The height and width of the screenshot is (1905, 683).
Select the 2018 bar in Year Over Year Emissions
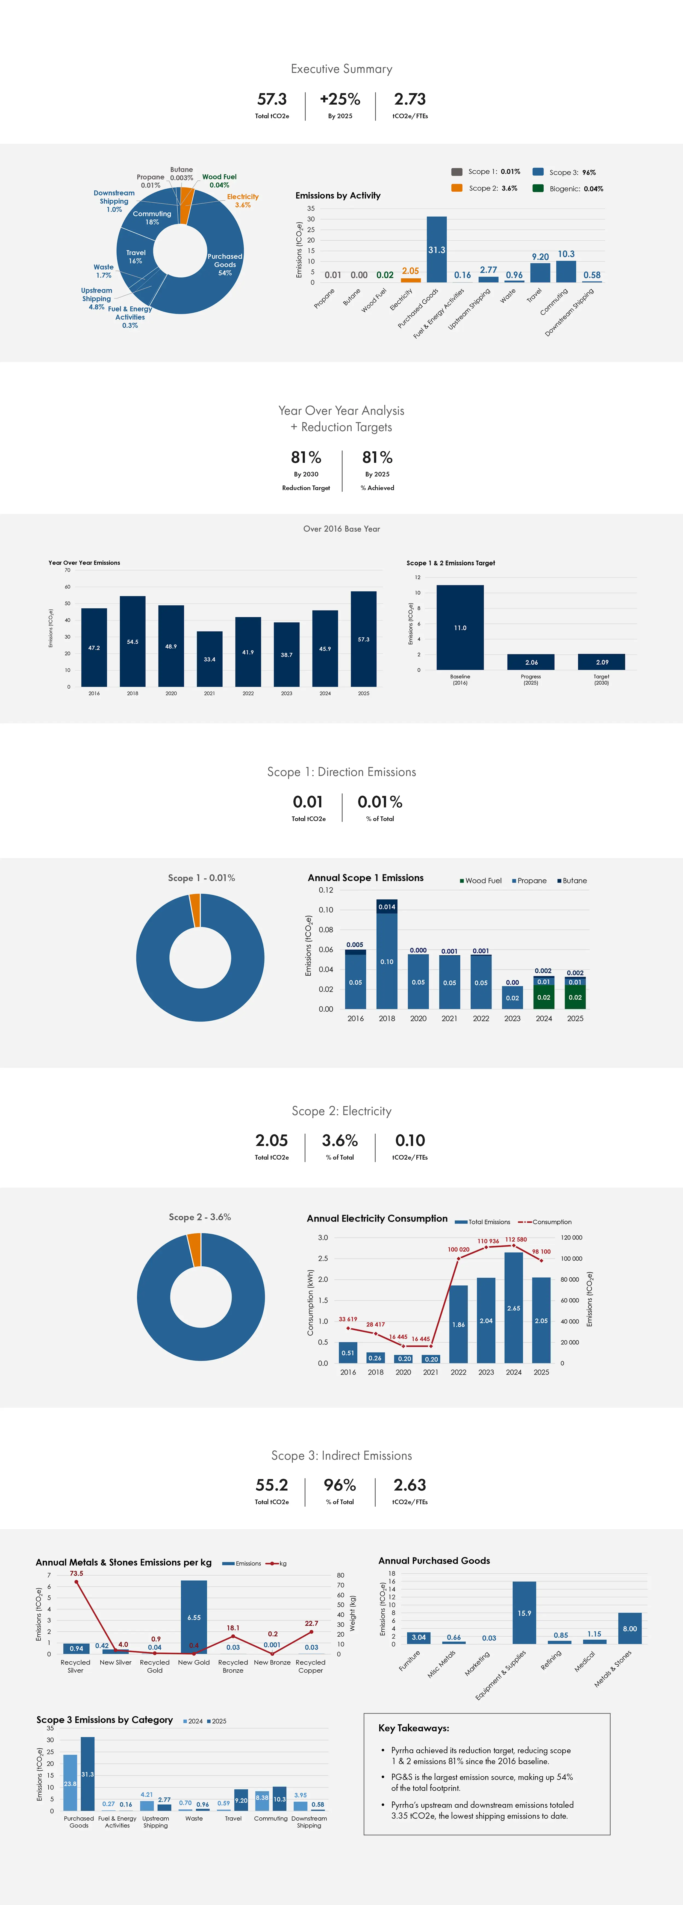pos(133,641)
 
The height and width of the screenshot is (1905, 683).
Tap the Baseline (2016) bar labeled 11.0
pos(460,627)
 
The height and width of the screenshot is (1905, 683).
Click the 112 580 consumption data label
pos(516,1239)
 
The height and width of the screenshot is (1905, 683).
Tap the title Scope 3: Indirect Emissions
pos(341,1455)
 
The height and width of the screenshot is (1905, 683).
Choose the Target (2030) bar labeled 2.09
pos(602,662)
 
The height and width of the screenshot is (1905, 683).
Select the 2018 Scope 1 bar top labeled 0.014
pos(387,906)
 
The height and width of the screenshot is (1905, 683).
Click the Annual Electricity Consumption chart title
pos(377,1218)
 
